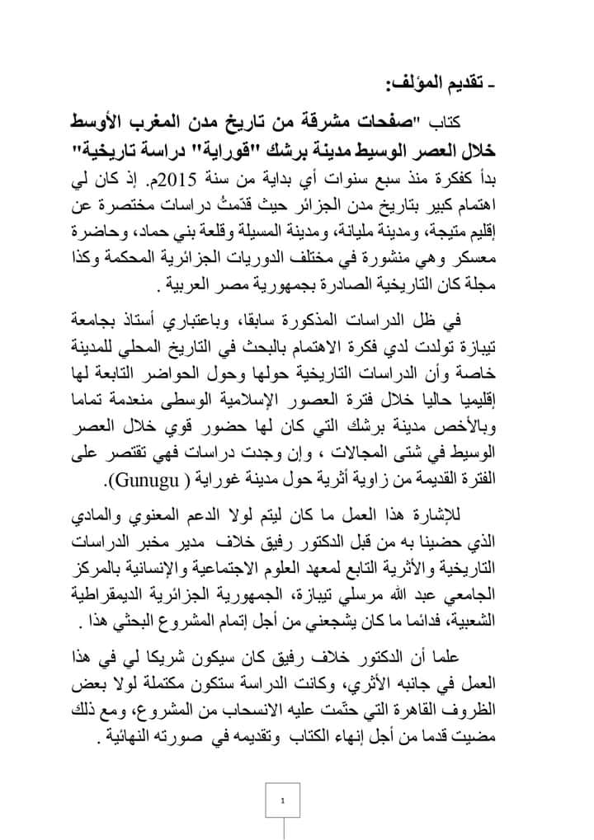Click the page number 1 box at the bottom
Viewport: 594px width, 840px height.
pyautogui.click(x=283, y=800)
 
